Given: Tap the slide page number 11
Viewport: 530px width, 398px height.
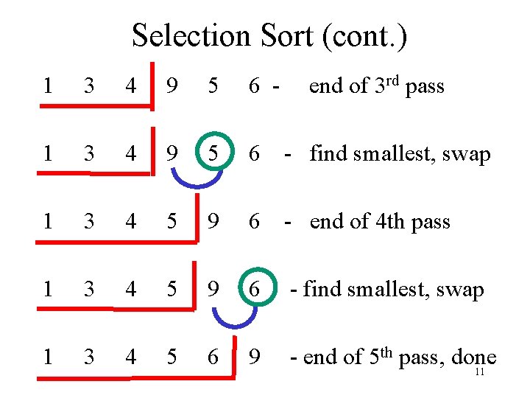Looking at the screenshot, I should point(479,372).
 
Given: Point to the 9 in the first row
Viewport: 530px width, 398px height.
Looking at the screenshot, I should point(172,86).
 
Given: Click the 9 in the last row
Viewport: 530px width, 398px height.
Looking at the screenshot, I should point(255,357).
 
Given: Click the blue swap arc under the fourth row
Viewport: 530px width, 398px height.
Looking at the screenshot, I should point(234,316).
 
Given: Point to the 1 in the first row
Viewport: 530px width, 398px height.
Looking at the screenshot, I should point(48,86).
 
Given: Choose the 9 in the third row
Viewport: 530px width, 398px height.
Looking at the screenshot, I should point(213,222).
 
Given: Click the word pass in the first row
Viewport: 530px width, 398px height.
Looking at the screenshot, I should point(425,86).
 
